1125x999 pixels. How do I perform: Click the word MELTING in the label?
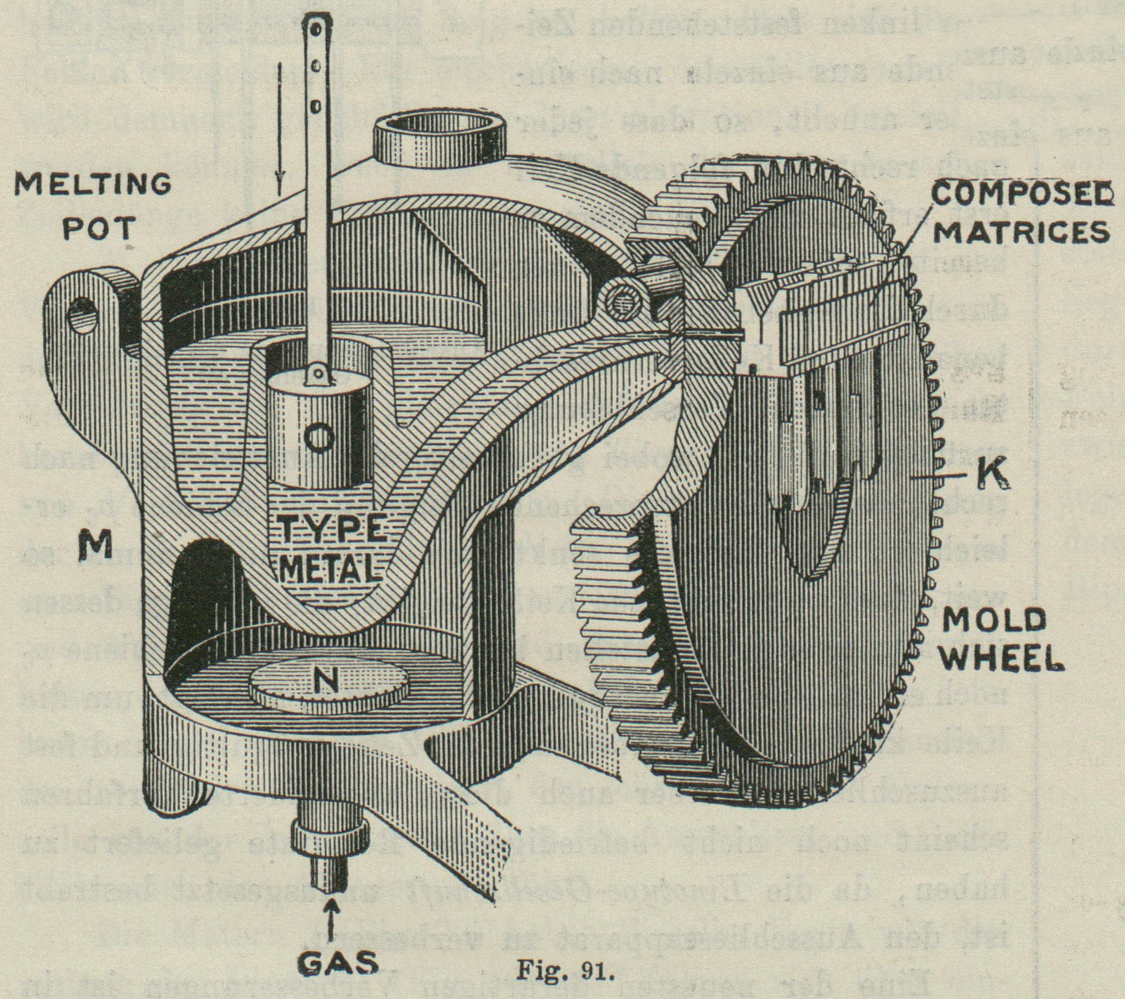[92, 186]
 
